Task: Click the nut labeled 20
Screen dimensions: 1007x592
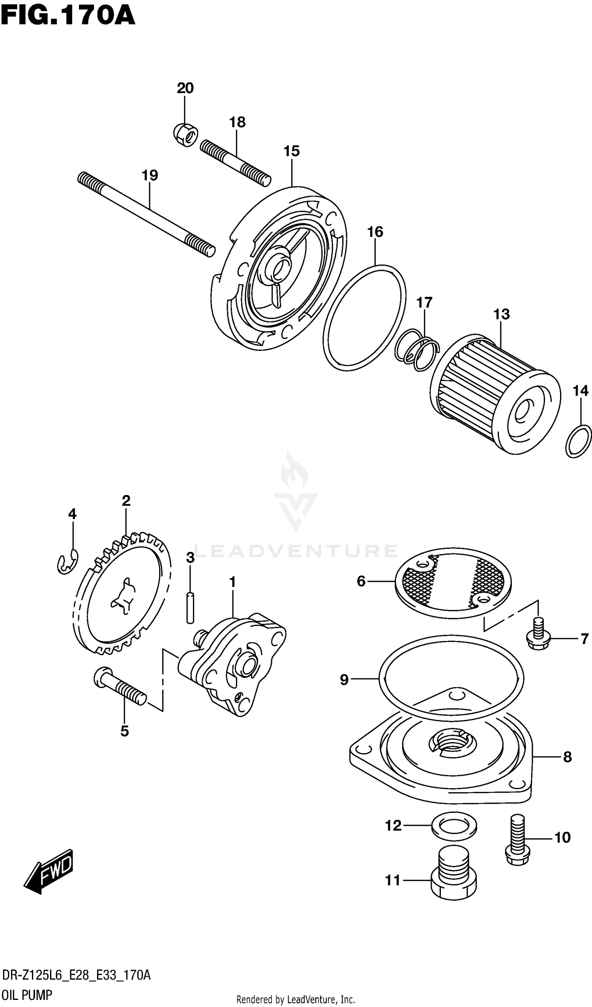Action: [x=185, y=135]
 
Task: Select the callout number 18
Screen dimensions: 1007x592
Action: [x=237, y=122]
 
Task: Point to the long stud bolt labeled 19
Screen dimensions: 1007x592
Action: [x=146, y=215]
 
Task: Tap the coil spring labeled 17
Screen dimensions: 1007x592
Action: [x=416, y=349]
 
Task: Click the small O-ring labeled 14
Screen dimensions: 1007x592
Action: [x=578, y=441]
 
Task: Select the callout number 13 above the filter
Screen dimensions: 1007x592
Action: [x=501, y=314]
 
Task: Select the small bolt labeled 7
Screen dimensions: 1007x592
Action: [x=539, y=635]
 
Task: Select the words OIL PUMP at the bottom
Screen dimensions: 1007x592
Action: [x=27, y=995]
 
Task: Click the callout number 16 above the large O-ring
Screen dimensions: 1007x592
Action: [x=375, y=232]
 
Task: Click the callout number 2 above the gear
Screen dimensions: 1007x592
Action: [x=126, y=501]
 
